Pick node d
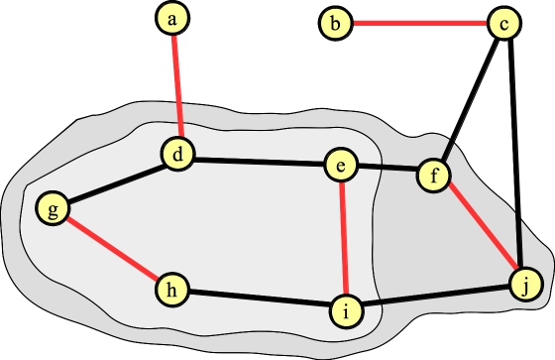(178, 155)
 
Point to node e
(340, 167)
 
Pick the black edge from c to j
(514, 154)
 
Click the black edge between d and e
(259, 161)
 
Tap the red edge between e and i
(343, 239)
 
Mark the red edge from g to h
(111, 249)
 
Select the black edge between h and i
(259, 300)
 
